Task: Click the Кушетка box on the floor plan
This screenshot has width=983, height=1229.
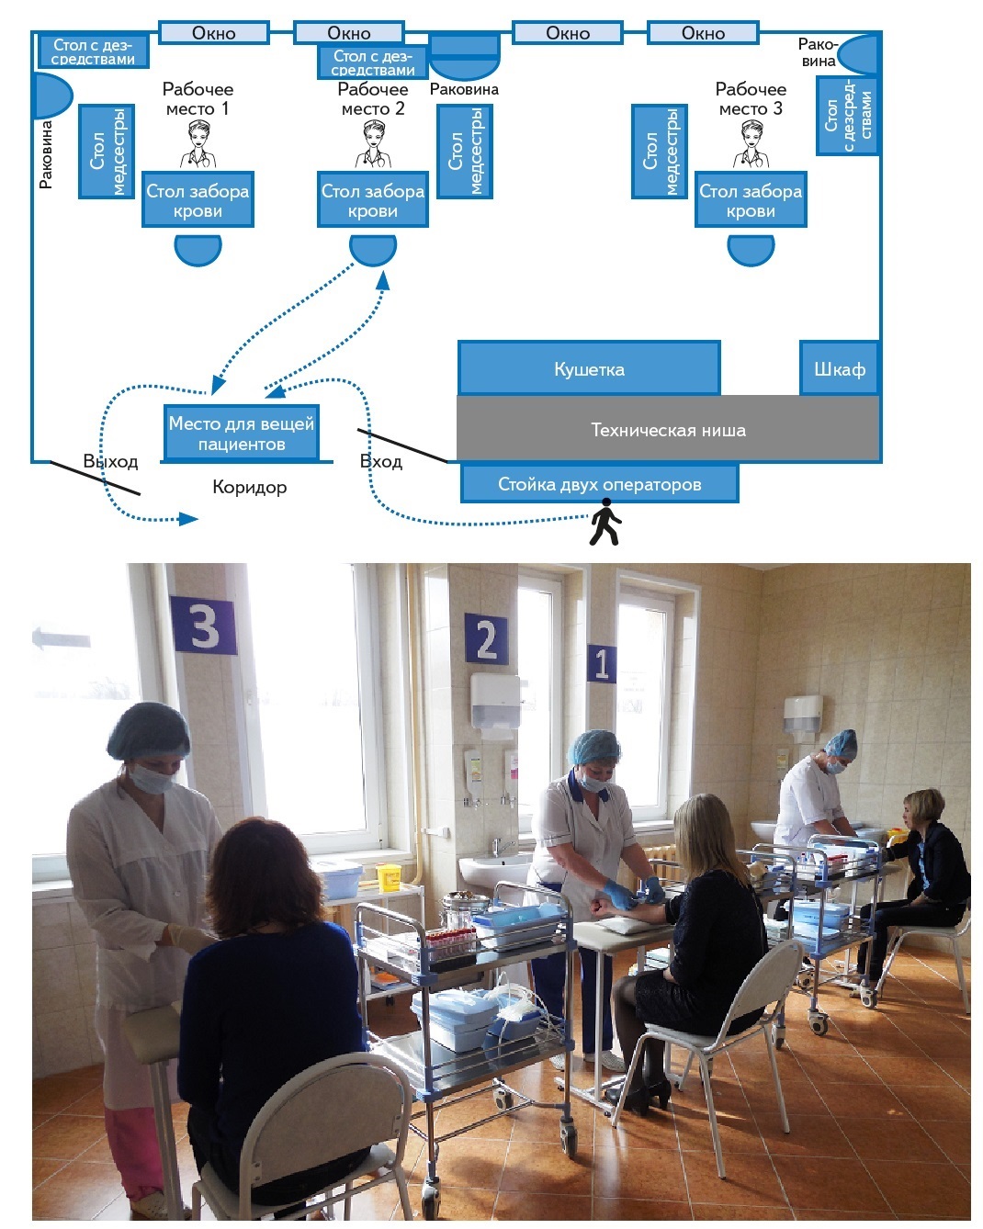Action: pyautogui.click(x=589, y=369)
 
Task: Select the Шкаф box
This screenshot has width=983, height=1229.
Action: pyautogui.click(x=839, y=369)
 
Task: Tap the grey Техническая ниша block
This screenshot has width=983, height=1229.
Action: pyautogui.click(x=668, y=430)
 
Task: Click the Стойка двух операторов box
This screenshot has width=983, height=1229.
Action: pyautogui.click(x=599, y=484)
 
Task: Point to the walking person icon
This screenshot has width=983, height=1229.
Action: pyautogui.click(x=604, y=523)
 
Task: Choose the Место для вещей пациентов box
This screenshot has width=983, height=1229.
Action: pyautogui.click(x=241, y=434)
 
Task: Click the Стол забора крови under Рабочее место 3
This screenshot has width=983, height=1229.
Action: pyautogui.click(x=751, y=200)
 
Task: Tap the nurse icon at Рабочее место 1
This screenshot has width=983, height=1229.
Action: pyautogui.click(x=198, y=145)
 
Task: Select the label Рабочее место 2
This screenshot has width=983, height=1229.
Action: pyautogui.click(x=372, y=99)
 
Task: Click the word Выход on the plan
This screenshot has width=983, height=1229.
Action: pyautogui.click(x=110, y=461)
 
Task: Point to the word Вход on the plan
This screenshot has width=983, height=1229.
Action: pyautogui.click(x=380, y=461)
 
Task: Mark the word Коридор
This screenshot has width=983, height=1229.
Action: pyautogui.click(x=249, y=487)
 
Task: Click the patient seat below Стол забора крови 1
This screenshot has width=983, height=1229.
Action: pyautogui.click(x=198, y=249)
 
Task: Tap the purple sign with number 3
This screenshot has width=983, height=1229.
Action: pyautogui.click(x=203, y=626)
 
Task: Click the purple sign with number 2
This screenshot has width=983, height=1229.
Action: pyautogui.click(x=485, y=639)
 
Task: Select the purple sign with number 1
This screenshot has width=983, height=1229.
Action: pyautogui.click(x=601, y=663)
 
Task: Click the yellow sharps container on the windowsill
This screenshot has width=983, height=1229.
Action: pyautogui.click(x=389, y=877)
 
